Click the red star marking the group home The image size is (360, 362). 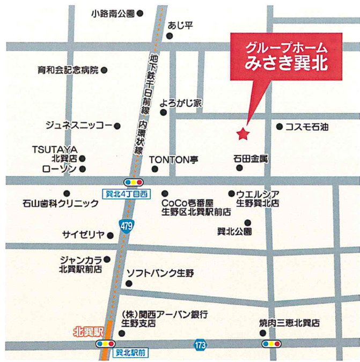(244, 133)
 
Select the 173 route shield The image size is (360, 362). (200, 345)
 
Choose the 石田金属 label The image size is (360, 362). (251, 159)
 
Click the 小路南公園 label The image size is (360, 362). (113, 13)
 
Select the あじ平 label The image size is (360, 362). (179, 25)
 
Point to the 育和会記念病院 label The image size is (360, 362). (68, 70)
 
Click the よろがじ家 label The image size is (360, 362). (183, 103)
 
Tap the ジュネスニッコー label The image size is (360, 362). (79, 126)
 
